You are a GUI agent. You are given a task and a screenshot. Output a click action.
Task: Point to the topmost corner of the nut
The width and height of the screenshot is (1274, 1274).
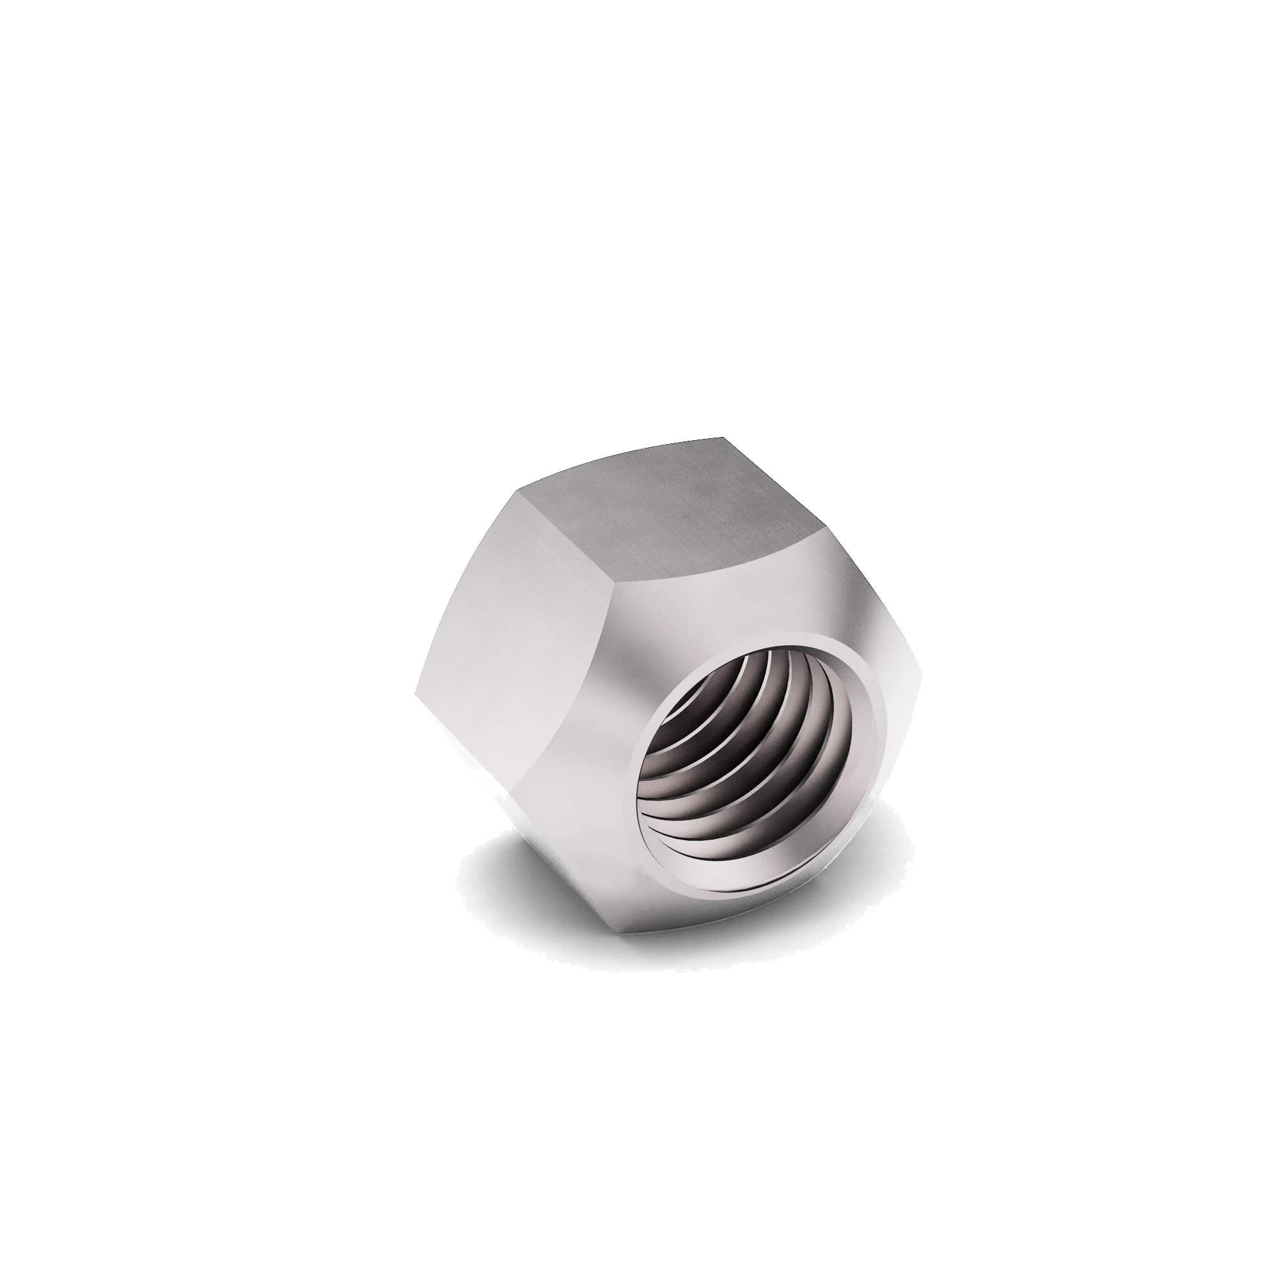[x=724, y=437]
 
